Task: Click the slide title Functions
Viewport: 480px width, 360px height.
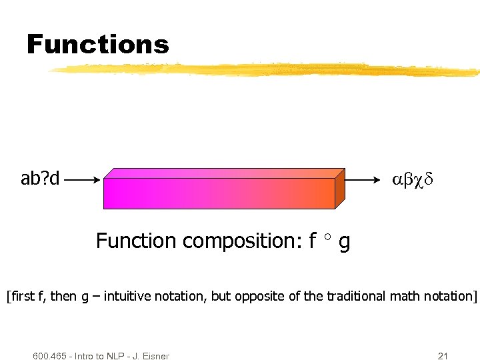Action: [x=97, y=45]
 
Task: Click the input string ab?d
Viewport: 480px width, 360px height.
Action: [x=40, y=179]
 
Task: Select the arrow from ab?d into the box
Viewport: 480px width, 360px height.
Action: [x=84, y=179]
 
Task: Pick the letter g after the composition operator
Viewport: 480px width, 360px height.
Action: [x=344, y=242]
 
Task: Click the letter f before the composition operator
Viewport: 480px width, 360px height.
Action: [x=312, y=240]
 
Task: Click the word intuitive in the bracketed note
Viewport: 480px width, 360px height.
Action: [x=129, y=295]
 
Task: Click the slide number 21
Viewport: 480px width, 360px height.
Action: [x=443, y=355]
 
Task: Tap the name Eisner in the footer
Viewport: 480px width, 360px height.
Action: [x=155, y=355]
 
